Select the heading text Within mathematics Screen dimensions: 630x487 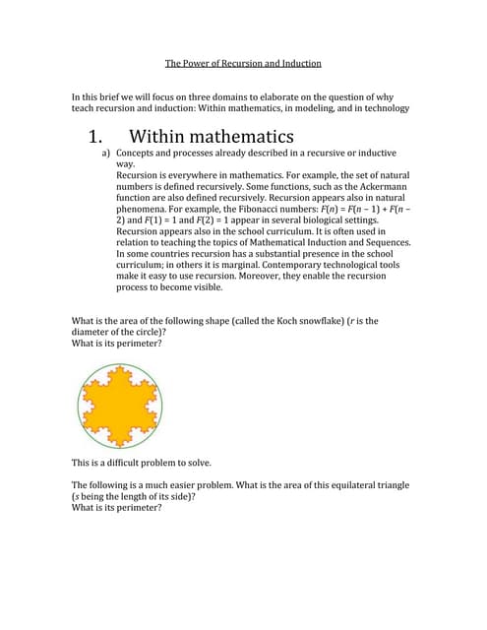click(212, 136)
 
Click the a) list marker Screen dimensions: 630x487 click(106, 155)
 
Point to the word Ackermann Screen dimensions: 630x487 click(381, 187)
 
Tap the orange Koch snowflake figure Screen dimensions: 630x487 click(120, 406)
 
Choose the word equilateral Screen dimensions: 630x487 click(355, 485)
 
